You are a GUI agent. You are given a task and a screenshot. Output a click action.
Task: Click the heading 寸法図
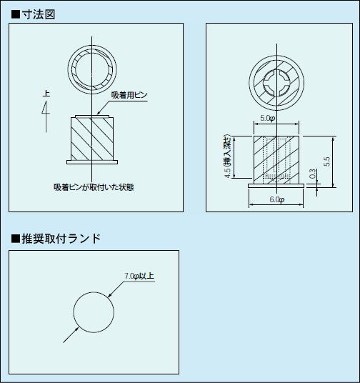[x=38, y=15]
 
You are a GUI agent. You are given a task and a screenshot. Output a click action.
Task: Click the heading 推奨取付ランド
[x=61, y=239]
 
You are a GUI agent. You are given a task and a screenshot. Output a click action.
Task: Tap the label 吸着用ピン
[x=129, y=95]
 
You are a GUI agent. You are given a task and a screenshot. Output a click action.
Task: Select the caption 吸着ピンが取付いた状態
[x=94, y=187]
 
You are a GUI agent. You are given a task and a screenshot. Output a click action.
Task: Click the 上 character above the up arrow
[x=46, y=94]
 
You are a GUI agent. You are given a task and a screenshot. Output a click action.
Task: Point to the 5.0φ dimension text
[x=268, y=118]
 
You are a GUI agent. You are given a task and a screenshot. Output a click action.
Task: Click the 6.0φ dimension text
[x=277, y=199]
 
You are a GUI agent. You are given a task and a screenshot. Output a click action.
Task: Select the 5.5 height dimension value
[x=326, y=161]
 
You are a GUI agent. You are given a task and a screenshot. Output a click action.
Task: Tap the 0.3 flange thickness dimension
[x=312, y=174]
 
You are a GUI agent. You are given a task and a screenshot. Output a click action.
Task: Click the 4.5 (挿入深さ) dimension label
[x=227, y=156]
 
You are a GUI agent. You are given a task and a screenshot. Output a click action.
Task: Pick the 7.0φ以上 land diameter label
[x=139, y=276]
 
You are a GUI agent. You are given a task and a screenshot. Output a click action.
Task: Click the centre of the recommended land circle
[x=94, y=312]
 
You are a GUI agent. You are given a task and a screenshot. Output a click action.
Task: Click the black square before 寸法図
[x=16, y=15]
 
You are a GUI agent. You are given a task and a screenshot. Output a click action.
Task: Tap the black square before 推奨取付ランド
[x=16, y=239]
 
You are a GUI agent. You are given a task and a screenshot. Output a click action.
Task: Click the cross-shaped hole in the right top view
[x=276, y=83]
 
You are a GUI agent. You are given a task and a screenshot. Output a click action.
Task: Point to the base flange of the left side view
[x=92, y=162]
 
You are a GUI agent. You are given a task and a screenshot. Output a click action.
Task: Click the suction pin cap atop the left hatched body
[x=92, y=116]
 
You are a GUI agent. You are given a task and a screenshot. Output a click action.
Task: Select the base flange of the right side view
[x=276, y=186]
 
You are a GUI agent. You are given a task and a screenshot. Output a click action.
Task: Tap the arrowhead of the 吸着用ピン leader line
[x=98, y=113]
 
